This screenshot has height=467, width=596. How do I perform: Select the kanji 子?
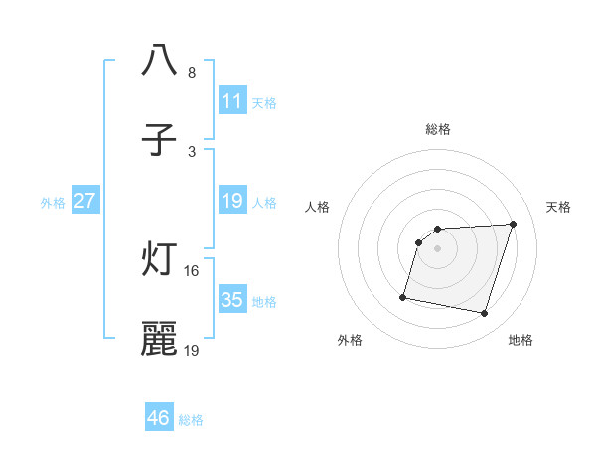[x=160, y=139]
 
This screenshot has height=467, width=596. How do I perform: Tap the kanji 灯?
[x=160, y=259]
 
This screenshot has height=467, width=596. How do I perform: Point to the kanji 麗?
[x=160, y=339]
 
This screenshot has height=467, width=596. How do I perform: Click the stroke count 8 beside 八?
[x=192, y=73]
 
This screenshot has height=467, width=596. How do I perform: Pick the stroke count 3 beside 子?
[x=192, y=152]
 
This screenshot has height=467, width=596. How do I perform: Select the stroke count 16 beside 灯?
[x=192, y=270]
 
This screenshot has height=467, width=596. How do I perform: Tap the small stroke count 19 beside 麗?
[x=192, y=351]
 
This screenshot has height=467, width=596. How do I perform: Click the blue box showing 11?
[x=231, y=101]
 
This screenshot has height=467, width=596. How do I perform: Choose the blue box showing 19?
[x=231, y=201]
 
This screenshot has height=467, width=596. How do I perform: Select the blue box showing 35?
[x=231, y=300]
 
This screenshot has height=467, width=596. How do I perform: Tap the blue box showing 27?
[x=84, y=201]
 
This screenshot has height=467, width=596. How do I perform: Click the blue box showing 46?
[x=158, y=418]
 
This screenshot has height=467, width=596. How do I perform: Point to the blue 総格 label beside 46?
[x=191, y=420]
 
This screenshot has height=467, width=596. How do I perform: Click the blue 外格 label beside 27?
[x=53, y=203]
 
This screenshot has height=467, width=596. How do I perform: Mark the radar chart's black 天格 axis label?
[x=558, y=207]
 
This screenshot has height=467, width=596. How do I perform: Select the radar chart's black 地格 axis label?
[x=521, y=340]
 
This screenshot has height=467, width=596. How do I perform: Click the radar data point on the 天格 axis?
[x=513, y=224]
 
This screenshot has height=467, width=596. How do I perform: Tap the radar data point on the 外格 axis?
[x=403, y=296]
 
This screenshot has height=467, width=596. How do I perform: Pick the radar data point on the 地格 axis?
[x=484, y=314]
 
